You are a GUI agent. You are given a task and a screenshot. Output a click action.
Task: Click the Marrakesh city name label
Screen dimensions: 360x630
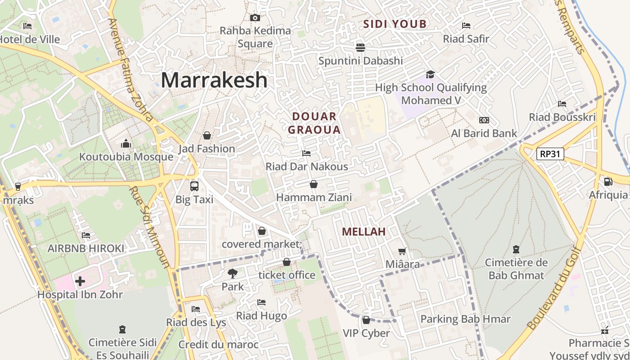214,81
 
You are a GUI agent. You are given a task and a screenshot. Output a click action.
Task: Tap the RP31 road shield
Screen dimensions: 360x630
550,154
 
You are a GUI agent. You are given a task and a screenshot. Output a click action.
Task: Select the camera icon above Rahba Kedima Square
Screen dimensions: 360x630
255,18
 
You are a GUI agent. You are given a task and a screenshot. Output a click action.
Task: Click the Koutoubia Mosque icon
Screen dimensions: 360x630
126,144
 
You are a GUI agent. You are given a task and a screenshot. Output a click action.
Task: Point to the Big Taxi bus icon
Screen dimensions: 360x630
194,186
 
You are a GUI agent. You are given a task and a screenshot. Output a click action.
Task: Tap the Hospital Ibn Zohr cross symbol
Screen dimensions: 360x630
80,282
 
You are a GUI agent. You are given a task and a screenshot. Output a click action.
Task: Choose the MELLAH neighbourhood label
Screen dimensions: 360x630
364,232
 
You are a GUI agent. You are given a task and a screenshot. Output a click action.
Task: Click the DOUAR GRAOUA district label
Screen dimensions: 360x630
314,123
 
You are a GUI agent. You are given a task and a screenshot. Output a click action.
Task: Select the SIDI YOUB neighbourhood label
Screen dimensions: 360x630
395,24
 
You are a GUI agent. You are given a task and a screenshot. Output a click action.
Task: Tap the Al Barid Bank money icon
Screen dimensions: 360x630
484,120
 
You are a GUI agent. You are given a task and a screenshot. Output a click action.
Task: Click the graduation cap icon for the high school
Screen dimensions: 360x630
431,74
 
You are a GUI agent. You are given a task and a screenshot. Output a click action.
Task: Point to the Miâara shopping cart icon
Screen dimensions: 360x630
402,251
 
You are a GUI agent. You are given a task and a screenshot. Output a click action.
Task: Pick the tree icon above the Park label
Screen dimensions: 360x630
233,273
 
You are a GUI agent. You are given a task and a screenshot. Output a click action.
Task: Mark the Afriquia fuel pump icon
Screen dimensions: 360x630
608,182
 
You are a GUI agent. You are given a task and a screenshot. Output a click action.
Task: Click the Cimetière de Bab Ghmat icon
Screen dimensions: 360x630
516,249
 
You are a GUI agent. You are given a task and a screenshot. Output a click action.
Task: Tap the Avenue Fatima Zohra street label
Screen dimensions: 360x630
131,70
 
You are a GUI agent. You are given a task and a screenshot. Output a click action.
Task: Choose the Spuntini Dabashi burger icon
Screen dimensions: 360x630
360,47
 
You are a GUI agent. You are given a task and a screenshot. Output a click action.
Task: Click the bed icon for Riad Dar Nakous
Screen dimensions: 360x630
306,153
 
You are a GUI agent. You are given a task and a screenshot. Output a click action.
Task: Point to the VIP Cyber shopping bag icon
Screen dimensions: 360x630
366,320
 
